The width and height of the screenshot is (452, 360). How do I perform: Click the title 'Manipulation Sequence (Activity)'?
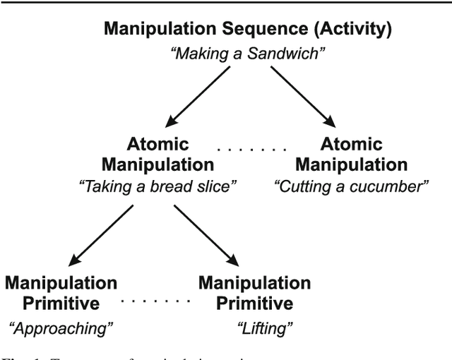pyautogui.click(x=247, y=30)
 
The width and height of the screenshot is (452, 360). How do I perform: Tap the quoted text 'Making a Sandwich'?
pyautogui.click(x=247, y=52)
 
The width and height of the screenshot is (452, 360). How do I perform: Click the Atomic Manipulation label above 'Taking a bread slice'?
pyautogui.click(x=157, y=155)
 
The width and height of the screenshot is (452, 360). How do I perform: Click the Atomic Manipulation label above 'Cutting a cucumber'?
pyautogui.click(x=351, y=155)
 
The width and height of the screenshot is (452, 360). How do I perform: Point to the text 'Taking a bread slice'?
pyautogui.click(x=157, y=187)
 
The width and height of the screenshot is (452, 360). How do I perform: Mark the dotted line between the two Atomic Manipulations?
pyautogui.click(x=251, y=150)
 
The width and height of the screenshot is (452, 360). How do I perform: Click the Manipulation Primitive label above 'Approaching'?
pyautogui.click(x=61, y=294)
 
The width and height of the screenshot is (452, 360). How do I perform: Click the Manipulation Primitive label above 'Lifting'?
pyautogui.click(x=254, y=294)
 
